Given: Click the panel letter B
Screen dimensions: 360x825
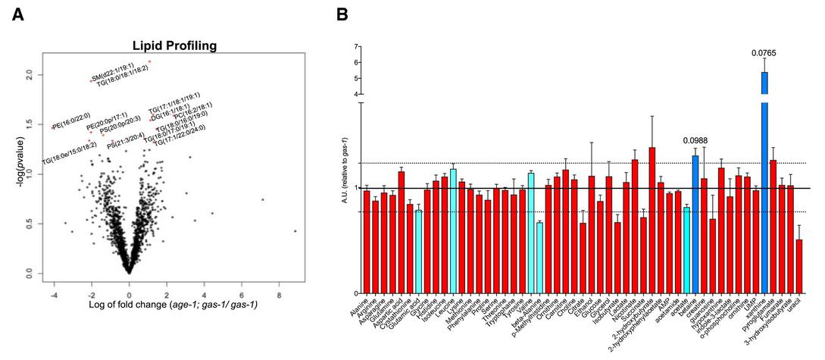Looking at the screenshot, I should click(x=342, y=14).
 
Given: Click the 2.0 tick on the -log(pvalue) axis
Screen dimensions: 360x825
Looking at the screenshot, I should click(x=29, y=74).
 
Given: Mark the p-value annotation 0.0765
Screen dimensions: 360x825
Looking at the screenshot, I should click(x=764, y=53).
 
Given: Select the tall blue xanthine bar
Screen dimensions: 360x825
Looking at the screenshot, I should click(x=764, y=182).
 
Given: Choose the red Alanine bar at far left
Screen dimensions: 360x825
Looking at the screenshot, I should click(x=367, y=242).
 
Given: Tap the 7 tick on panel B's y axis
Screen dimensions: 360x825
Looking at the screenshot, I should click(x=355, y=47).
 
